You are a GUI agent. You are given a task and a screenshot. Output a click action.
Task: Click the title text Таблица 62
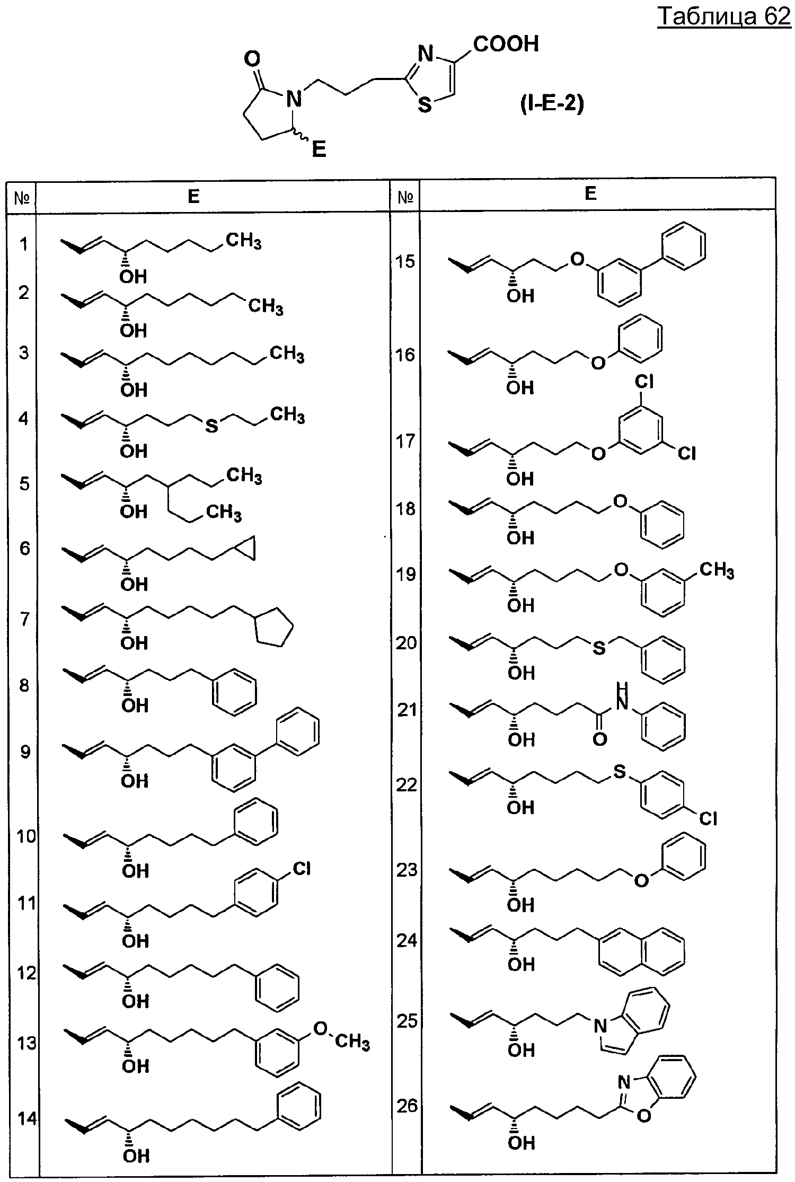click(x=724, y=16)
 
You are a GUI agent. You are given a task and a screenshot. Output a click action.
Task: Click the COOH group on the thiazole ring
click(x=506, y=44)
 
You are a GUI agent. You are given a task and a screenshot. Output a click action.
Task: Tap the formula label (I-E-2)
click(x=551, y=104)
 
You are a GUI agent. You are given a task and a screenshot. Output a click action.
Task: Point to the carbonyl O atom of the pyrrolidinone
click(x=252, y=59)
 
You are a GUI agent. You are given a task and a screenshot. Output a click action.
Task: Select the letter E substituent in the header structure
click(x=319, y=149)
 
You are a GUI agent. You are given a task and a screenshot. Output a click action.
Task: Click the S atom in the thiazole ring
click(x=425, y=105)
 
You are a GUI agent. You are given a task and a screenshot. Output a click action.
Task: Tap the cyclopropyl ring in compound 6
click(x=246, y=548)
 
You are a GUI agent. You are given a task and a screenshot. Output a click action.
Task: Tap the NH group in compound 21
click(x=622, y=697)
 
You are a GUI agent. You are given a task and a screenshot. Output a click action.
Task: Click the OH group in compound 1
click(x=133, y=277)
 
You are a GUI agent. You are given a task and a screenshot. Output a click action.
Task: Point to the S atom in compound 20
click(x=599, y=648)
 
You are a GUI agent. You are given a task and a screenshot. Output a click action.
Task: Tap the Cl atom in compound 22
click(x=708, y=819)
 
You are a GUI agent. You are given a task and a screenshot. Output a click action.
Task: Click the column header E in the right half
click(x=590, y=193)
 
